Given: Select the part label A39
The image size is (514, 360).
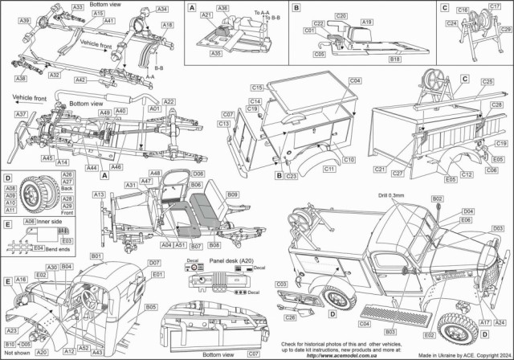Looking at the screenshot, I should [25, 19].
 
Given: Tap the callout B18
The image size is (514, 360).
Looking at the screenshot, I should [395, 58].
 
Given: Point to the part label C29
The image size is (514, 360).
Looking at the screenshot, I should [505, 29].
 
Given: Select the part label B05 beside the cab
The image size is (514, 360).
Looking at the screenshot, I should [150, 306].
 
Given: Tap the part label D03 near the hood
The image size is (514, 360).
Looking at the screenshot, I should [497, 228].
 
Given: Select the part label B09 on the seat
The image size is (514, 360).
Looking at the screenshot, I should [232, 194].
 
